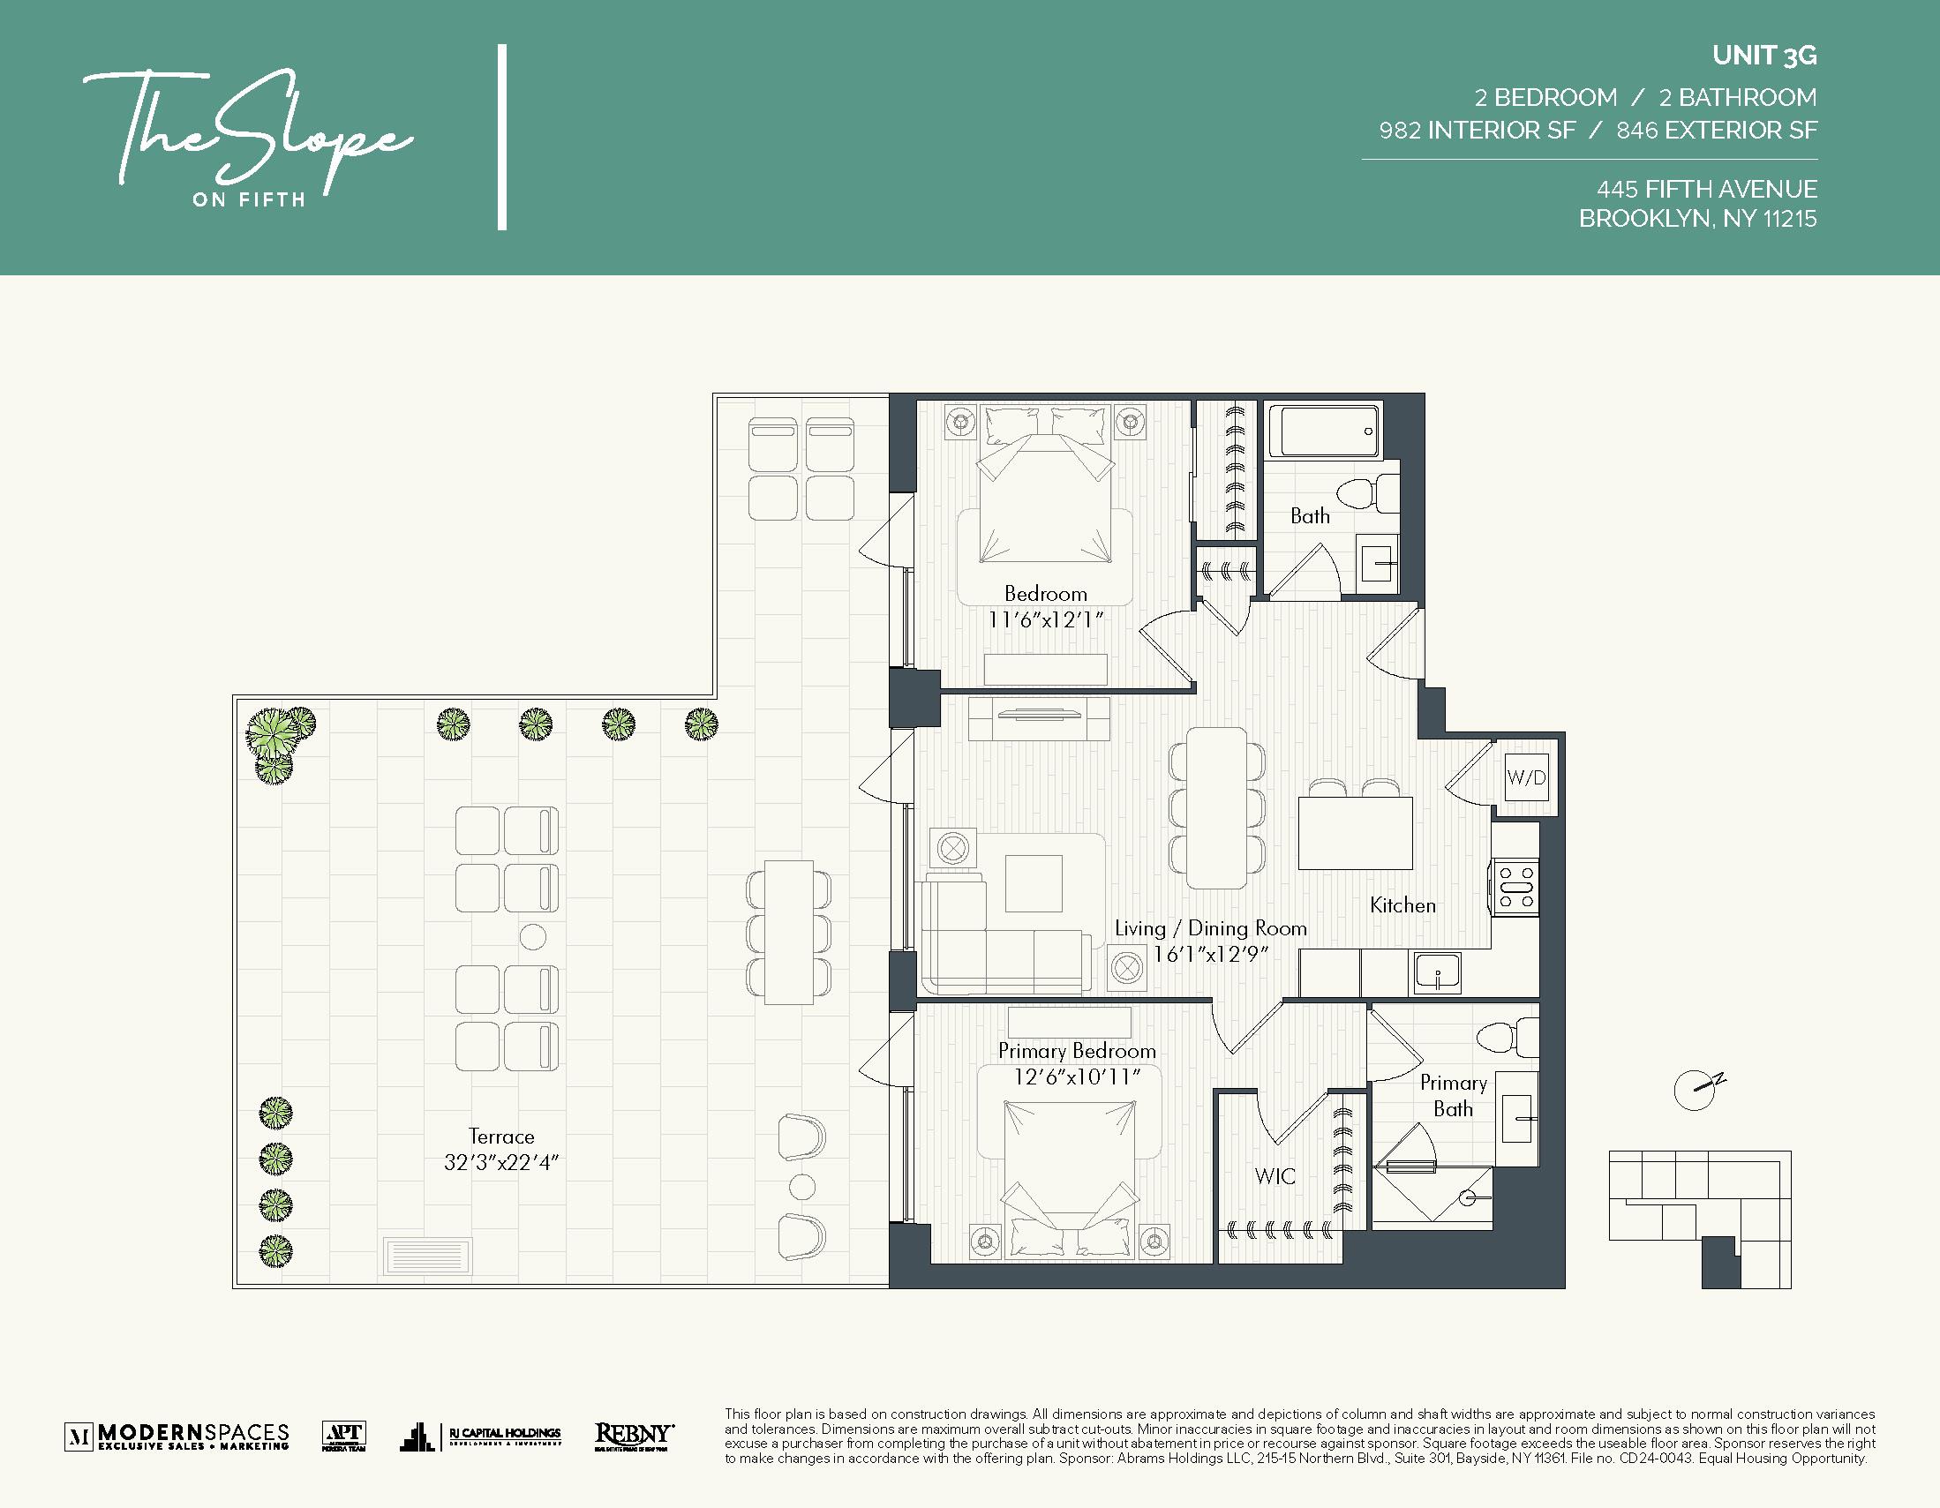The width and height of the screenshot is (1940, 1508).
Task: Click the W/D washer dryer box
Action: pyautogui.click(x=1526, y=778)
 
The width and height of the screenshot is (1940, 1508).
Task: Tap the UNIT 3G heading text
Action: pyautogui.click(x=1764, y=56)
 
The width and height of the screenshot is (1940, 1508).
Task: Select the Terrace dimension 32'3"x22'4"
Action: pyautogui.click(x=501, y=1162)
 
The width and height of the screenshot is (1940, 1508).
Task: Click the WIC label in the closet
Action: pyautogui.click(x=1275, y=1177)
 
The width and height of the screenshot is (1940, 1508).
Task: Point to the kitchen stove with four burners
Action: pyautogui.click(x=1515, y=887)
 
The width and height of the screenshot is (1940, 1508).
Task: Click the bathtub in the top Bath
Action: pyautogui.click(x=1323, y=431)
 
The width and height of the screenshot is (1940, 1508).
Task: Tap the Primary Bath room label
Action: pyautogui.click(x=1452, y=1095)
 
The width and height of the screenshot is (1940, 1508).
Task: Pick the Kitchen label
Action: pyautogui.click(x=1402, y=905)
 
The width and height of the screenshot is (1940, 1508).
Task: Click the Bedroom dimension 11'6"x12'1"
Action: pyautogui.click(x=1045, y=620)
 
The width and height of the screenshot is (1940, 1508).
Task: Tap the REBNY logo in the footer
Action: pyautogui.click(x=634, y=1436)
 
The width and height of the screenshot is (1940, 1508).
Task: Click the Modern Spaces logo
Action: pyautogui.click(x=177, y=1436)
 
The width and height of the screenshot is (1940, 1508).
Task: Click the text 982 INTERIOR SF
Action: pyautogui.click(x=1477, y=131)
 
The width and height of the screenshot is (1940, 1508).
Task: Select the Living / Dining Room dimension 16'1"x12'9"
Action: pyautogui.click(x=1210, y=954)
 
